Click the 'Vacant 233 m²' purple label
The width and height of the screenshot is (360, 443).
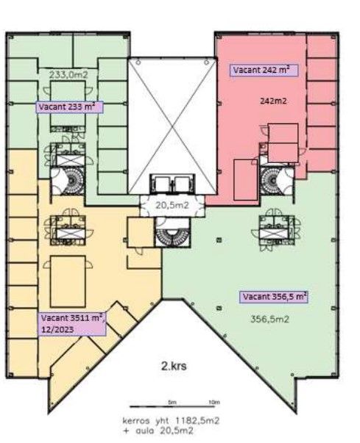coord(69,107)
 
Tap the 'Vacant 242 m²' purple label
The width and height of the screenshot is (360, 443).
coord(264,70)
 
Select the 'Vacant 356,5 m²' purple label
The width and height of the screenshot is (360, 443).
coord(274,297)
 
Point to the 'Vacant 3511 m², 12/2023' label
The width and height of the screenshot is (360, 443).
coord(72,324)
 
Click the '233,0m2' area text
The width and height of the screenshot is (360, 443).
coord(68,75)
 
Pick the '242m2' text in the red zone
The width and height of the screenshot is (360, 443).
coord(273,101)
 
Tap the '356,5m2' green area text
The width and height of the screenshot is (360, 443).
coord(270,320)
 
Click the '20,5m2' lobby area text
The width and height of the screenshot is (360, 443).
coord(172,206)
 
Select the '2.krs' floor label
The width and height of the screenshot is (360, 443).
coord(174,366)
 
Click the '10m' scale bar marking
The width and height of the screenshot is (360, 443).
coord(214,402)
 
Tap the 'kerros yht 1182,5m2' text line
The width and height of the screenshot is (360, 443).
coord(171,421)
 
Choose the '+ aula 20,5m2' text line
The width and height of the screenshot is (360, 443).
coord(158,431)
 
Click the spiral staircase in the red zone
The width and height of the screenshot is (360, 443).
coord(272,180)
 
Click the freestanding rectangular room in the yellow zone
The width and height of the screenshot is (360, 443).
coord(68,281)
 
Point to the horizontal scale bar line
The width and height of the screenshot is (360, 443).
coord(174,407)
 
